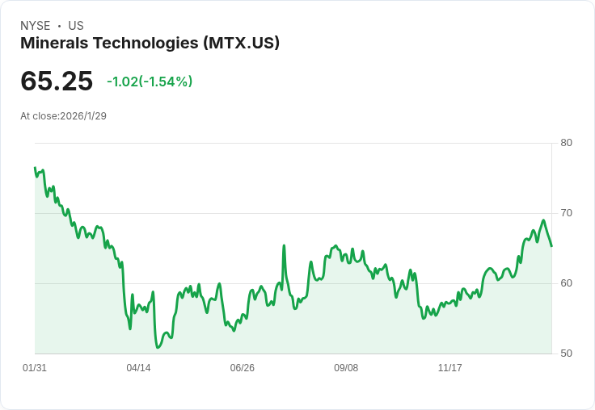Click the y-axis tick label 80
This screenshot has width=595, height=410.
(566, 143)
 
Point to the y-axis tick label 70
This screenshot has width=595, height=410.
(566, 213)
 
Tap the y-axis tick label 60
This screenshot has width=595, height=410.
(566, 283)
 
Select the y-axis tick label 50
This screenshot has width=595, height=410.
(566, 354)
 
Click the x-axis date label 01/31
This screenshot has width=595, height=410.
(35, 367)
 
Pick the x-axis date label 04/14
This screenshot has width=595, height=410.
(138, 367)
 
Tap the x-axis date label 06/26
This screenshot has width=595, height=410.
(242, 367)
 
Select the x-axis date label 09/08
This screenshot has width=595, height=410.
(346, 367)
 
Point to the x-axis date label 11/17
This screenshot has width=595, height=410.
(449, 367)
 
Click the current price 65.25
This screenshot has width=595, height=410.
(57, 81)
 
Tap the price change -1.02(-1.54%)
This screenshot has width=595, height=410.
(150, 82)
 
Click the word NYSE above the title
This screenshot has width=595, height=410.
(36, 26)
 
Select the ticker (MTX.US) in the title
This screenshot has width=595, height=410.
(242, 43)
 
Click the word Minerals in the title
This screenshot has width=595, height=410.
(54, 43)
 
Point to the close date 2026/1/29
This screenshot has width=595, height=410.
(83, 116)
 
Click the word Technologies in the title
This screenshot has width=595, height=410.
(146, 44)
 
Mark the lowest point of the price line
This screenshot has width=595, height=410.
(158, 347)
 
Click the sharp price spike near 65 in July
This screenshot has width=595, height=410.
(284, 246)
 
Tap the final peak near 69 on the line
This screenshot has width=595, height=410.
(543, 220)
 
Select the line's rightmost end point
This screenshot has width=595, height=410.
(551, 246)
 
